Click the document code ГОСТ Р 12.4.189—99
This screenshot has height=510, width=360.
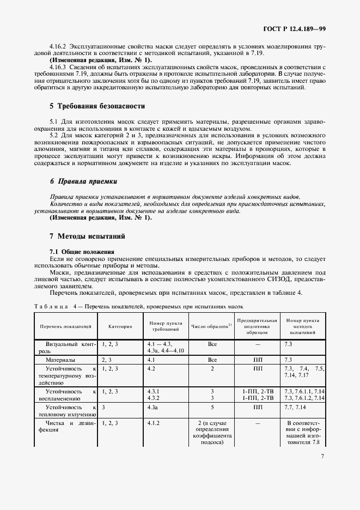coord(296,27)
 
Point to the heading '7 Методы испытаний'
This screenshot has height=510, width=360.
coord(87,236)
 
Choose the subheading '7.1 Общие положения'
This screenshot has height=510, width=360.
coord(82,251)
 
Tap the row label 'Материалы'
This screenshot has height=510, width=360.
coord(60,360)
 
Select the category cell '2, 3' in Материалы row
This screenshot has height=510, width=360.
coord(107,360)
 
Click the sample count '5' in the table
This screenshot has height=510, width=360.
coord(212,406)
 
